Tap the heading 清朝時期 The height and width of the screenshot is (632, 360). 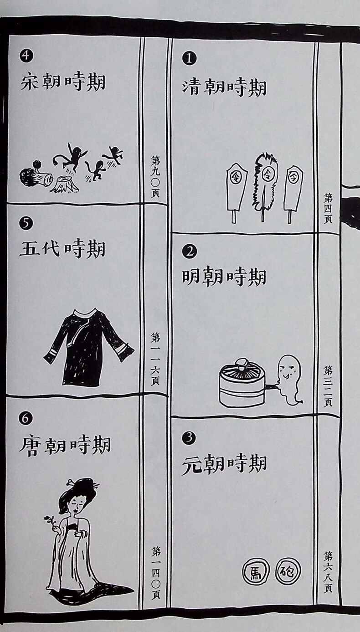point(224,87)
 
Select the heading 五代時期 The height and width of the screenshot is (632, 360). point(62,248)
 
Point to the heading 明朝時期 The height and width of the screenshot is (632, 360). point(224,277)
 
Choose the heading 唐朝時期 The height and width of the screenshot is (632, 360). point(65,445)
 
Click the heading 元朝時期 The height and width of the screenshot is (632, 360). point(224,464)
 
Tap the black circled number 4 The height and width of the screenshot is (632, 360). point(26,56)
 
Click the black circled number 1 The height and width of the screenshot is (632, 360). point(189,59)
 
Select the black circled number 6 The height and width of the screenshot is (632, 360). point(26,418)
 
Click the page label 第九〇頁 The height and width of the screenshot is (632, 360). point(155,177)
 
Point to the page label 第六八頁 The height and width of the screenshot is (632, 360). point(328,572)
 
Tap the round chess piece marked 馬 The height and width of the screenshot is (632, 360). point(256,572)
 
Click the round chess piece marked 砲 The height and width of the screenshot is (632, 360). point(288,571)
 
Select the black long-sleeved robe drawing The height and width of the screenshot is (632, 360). point(88,347)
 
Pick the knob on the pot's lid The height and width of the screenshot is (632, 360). point(242,363)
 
